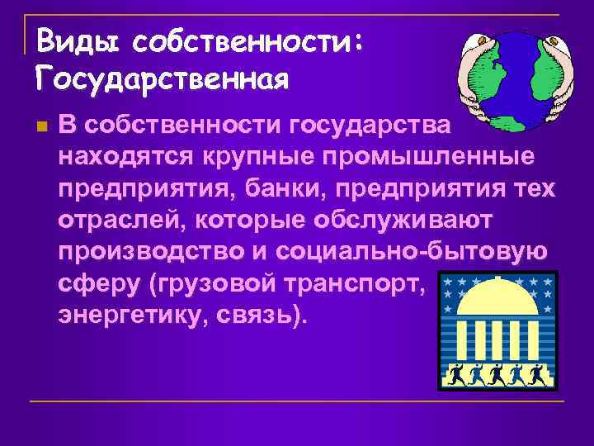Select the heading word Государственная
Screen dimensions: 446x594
[163, 79]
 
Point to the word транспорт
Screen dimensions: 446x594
[360, 285]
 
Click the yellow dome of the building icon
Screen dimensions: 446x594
[496, 306]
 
